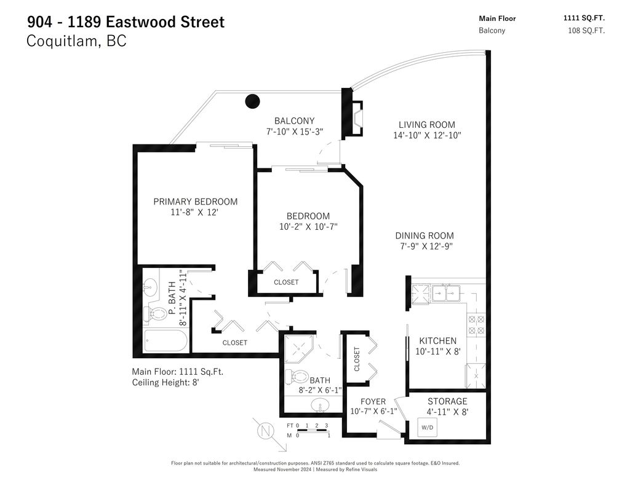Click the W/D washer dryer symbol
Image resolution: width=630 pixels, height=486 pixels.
coord(428,427)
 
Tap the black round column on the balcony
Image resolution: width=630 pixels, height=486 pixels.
coord(252,101)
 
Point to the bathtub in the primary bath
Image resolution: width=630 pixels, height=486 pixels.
coord(167,341)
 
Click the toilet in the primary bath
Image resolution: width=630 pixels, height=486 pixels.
coord(156,314)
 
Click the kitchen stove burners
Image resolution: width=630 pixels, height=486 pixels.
coord(477,324)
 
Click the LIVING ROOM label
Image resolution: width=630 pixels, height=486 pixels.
coord(426,125)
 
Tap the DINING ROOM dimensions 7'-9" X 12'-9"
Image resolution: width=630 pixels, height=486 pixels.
coord(425,247)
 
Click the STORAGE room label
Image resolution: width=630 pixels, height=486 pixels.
coord(447,401)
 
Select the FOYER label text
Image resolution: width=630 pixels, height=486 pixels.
coord(373,402)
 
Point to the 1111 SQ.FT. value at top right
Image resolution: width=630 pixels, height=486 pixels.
coord(584,18)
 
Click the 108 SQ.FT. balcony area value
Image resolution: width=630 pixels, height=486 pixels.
coord(586,30)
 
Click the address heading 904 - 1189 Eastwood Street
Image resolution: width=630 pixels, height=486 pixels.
coord(126,22)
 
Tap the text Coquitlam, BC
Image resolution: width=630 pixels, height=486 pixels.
coord(77,42)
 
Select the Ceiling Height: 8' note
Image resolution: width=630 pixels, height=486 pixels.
coord(165,382)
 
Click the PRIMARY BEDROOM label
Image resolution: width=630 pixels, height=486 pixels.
coord(195,202)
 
